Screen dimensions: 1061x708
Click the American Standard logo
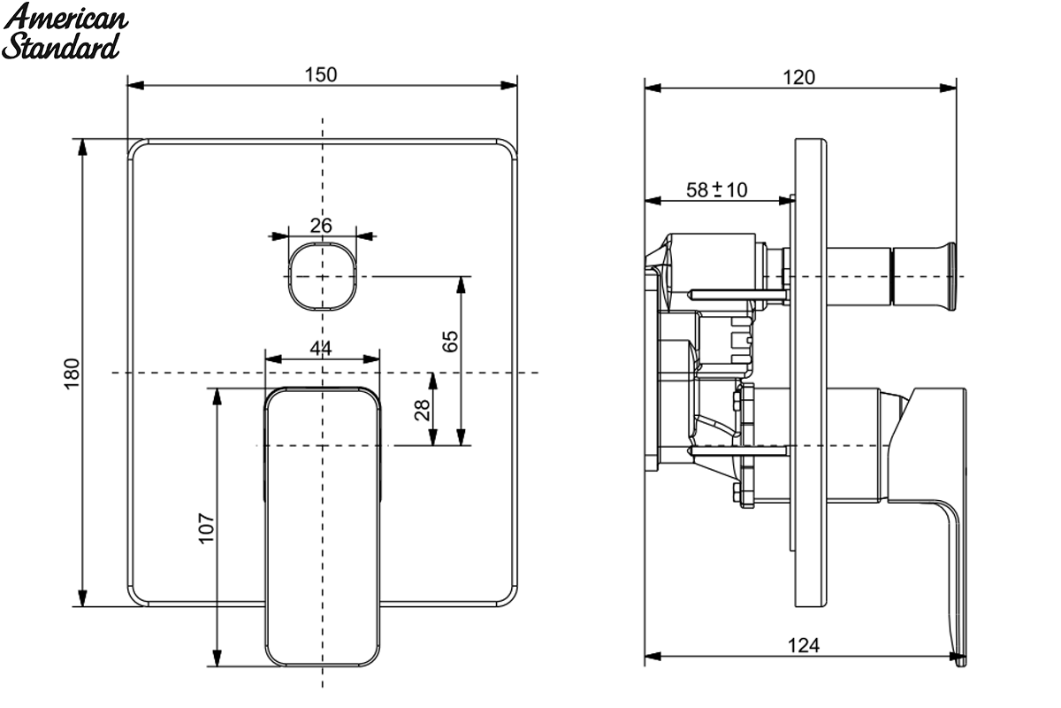point(65,31)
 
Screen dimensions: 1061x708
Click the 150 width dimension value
point(321,74)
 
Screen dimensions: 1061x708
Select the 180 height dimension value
point(72,373)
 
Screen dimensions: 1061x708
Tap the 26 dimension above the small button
point(321,226)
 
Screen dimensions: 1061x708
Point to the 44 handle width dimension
point(321,349)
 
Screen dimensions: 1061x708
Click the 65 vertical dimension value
point(450,341)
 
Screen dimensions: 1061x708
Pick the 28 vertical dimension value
point(422,410)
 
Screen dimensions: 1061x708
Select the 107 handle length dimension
point(207,527)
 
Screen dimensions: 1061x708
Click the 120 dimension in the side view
point(798,77)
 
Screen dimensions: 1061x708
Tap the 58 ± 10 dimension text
point(717,190)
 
